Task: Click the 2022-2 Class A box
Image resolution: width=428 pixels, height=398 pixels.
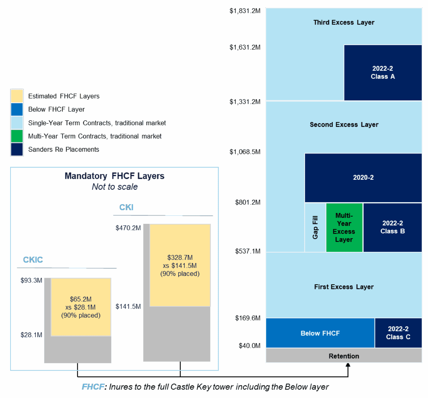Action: (x=383, y=73)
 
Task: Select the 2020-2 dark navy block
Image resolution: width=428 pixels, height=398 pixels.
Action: (x=363, y=178)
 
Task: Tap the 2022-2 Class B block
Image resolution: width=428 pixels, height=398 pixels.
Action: (x=392, y=227)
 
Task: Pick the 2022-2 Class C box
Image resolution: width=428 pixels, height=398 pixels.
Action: (x=398, y=333)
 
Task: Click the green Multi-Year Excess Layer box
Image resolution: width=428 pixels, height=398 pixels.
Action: (x=344, y=228)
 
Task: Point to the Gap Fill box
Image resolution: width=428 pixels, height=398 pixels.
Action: (x=315, y=228)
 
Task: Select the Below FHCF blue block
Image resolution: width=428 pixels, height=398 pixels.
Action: (x=320, y=333)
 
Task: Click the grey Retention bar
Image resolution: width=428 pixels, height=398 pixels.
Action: (x=344, y=356)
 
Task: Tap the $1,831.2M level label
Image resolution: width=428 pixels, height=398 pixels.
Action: (x=245, y=11)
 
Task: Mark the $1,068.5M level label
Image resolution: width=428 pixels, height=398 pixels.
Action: (x=245, y=152)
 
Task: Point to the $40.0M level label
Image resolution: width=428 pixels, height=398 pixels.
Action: (x=249, y=346)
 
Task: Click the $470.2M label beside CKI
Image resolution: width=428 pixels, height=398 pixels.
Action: (x=128, y=228)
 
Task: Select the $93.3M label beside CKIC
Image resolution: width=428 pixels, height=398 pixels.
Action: (x=31, y=280)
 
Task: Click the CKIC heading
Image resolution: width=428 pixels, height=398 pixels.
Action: (x=33, y=260)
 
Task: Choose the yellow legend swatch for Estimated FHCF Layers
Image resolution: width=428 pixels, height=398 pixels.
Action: (x=17, y=96)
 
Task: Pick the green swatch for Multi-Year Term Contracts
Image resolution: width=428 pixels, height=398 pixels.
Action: (x=17, y=136)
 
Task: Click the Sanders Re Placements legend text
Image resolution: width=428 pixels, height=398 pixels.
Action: (x=63, y=150)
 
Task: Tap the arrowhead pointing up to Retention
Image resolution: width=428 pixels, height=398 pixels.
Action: (x=348, y=365)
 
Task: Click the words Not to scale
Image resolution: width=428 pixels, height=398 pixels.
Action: (x=115, y=187)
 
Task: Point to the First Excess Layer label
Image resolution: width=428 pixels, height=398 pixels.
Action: (x=344, y=287)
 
